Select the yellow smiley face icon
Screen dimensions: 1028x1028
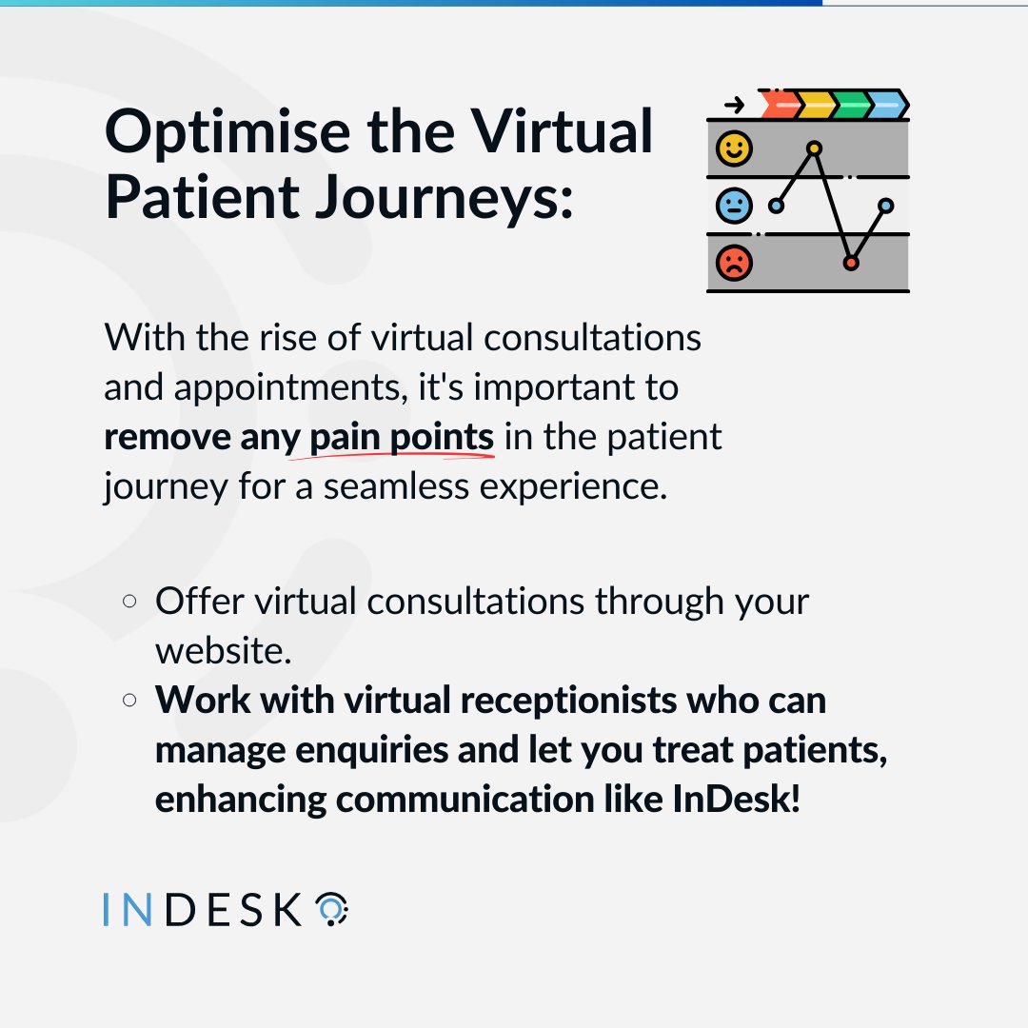coord(734,148)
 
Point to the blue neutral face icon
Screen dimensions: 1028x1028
coord(734,206)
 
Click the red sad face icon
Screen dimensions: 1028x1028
coord(734,263)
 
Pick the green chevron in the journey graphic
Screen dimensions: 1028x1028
coord(851,104)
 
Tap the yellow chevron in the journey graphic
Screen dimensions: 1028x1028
coord(815,104)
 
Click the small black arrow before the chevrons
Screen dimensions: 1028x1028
coord(734,105)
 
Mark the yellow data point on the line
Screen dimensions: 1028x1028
coord(814,148)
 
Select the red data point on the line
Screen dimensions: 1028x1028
coord(851,262)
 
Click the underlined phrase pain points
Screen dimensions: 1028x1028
coord(402,437)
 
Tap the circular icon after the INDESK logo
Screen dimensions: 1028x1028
coord(331,910)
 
